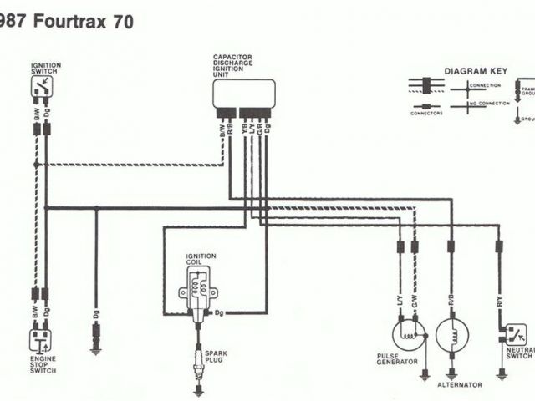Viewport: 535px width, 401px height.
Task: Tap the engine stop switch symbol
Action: point(40,339)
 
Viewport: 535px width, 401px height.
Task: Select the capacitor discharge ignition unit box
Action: point(243,93)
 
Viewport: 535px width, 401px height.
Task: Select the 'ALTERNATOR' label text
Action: point(460,385)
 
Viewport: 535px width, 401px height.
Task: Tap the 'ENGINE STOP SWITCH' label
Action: point(43,363)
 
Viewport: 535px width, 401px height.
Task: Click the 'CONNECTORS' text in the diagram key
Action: point(426,114)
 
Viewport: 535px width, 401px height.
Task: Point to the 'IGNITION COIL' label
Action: point(201,259)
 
